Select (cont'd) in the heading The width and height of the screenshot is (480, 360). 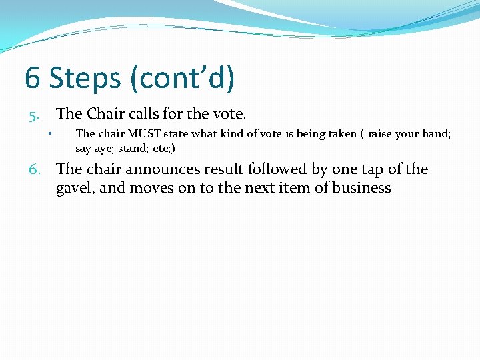click(x=184, y=78)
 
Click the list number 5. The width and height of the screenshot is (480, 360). click(x=34, y=117)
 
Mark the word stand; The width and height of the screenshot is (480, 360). click(x=135, y=148)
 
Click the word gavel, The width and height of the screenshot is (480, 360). click(x=76, y=188)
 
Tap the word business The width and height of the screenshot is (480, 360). click(x=363, y=188)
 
